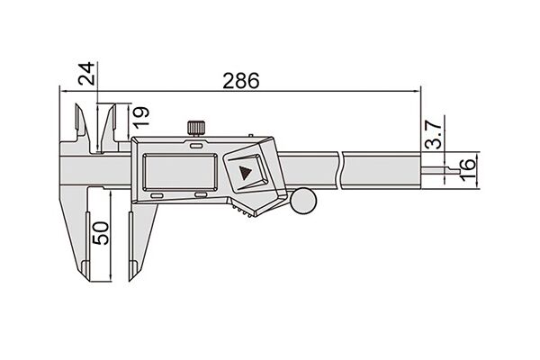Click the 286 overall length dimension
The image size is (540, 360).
(x=240, y=81)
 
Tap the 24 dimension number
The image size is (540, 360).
(x=86, y=74)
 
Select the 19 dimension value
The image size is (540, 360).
(x=141, y=117)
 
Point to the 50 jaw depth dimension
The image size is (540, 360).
(x=101, y=233)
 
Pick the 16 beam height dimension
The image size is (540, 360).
(x=468, y=169)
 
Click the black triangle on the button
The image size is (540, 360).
(x=245, y=173)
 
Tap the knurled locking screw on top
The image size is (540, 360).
(x=196, y=128)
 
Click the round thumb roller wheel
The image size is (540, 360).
(x=303, y=201)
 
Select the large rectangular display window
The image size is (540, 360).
(x=180, y=172)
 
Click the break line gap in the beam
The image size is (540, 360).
(x=340, y=170)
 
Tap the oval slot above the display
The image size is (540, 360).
(x=196, y=146)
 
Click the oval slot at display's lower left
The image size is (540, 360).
(x=157, y=196)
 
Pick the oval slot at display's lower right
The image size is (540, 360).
(x=201, y=195)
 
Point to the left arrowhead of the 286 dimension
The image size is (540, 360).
(x=63, y=91)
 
